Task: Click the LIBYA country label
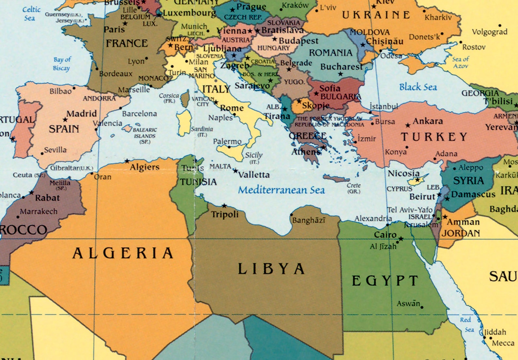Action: click(x=271, y=269)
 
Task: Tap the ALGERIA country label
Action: click(x=123, y=253)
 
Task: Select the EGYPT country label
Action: click(x=385, y=281)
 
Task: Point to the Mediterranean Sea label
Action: click(x=281, y=190)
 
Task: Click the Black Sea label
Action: click(x=418, y=87)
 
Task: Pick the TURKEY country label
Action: click(x=434, y=137)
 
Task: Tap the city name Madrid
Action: click(x=82, y=113)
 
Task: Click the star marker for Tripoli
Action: click(x=224, y=206)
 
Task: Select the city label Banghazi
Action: click(x=309, y=220)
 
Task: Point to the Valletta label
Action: click(x=254, y=175)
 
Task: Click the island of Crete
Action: click(x=336, y=179)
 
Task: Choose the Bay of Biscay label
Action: click(x=62, y=64)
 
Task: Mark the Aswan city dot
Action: click(x=422, y=307)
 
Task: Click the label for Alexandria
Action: click(x=373, y=218)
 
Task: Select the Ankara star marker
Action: click(x=408, y=125)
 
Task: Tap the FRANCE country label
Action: click(x=127, y=43)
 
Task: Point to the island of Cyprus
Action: click(x=418, y=179)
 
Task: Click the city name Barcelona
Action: click(x=139, y=114)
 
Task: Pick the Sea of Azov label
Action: click(x=461, y=62)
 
